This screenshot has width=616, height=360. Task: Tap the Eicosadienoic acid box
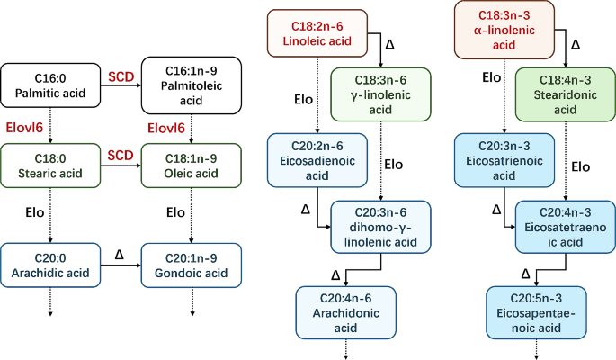point(317,160)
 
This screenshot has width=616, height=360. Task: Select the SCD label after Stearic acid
point(121,154)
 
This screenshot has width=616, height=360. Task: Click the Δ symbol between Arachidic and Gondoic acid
point(119,256)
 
